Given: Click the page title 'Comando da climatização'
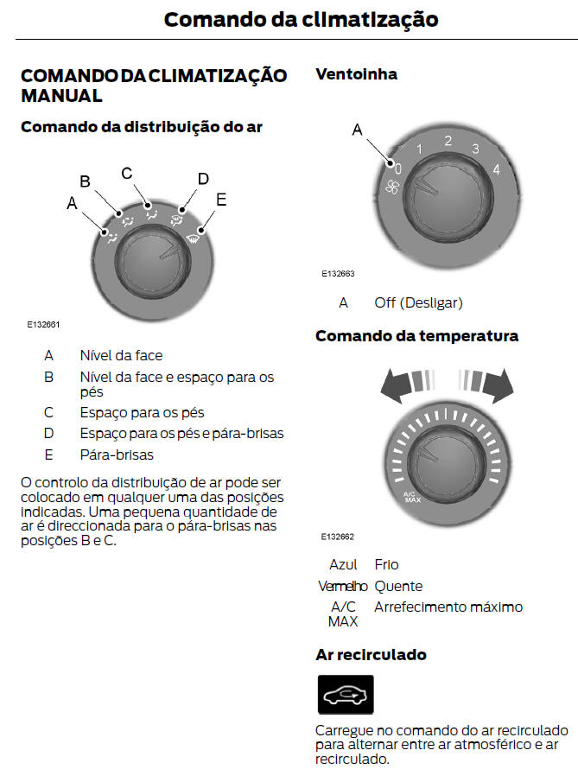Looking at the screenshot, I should coord(301,19).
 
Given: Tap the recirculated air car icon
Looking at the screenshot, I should coord(346,694).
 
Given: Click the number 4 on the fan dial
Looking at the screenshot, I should coord(496,169).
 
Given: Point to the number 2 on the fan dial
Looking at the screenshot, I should coord(448,141).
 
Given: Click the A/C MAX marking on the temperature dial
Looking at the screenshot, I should coord(411,498).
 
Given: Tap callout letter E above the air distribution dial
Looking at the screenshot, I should coord(221,200).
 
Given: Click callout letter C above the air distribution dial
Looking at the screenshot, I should coord(127,173).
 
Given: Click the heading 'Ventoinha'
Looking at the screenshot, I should coord(356,74).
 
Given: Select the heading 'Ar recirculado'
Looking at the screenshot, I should coord(372,655).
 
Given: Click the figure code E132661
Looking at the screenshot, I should coord(43,325).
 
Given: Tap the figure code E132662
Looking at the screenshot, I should coord(338,537).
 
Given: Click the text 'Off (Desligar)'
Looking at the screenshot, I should coord(418,302).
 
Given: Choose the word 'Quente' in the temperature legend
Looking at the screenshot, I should coord(398,586).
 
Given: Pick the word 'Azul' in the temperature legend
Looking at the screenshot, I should coord(343,564).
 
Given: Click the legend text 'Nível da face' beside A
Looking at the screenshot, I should coord(121,355).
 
